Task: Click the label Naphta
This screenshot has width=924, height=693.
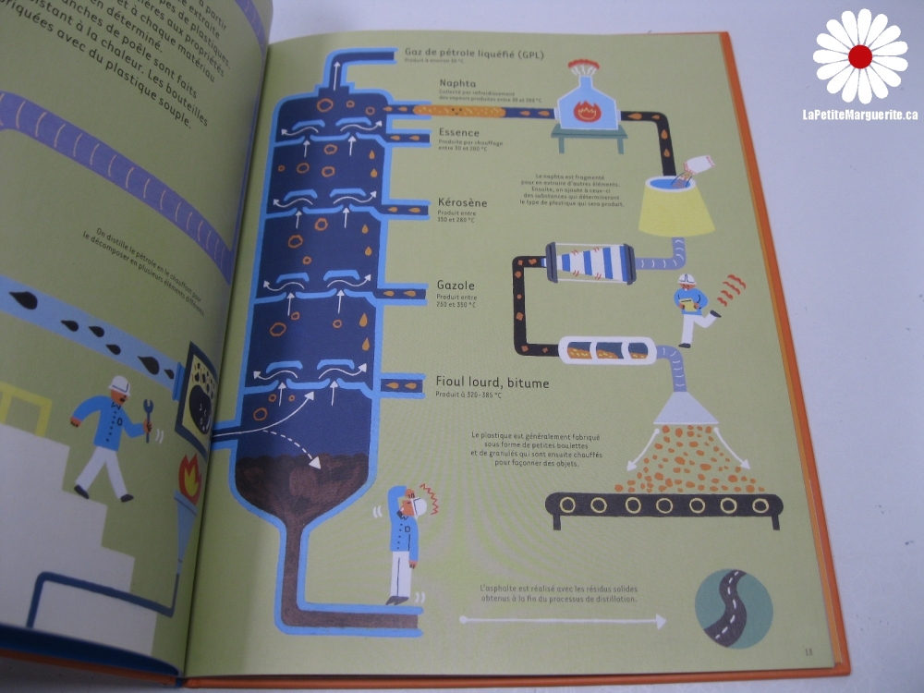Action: (x=462, y=83)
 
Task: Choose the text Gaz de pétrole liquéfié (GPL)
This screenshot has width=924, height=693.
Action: (x=474, y=54)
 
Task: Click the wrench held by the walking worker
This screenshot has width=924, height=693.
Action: (x=148, y=428)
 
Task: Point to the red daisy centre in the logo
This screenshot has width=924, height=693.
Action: (x=860, y=57)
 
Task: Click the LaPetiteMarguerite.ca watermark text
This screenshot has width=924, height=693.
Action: (x=859, y=115)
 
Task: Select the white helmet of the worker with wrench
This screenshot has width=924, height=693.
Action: (x=119, y=385)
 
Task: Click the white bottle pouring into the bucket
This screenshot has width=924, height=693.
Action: (x=699, y=165)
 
